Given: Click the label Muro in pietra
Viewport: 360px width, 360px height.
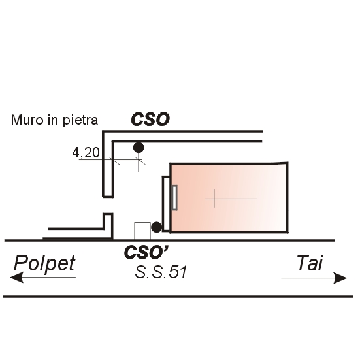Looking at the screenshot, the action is (54, 120).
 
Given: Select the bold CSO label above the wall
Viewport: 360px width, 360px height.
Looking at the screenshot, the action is (150, 120).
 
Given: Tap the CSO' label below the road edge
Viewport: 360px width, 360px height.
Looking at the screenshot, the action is (146, 252).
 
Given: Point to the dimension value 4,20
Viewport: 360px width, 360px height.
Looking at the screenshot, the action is (86, 152).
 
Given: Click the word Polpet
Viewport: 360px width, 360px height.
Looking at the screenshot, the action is (44, 263).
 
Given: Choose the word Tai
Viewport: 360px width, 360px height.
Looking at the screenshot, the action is (310, 263).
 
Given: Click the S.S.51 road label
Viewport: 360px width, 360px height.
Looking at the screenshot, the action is (161, 272).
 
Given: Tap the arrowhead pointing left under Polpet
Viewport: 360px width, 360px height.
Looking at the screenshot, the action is (16, 277).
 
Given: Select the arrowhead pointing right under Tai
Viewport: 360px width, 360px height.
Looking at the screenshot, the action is (340, 278).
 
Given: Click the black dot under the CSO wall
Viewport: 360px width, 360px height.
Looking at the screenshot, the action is (139, 148).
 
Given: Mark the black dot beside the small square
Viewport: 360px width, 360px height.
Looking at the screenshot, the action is (157, 227).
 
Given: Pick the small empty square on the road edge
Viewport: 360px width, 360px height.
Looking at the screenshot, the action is (142, 231).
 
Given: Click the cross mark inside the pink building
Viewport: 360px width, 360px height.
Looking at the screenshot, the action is (214, 199).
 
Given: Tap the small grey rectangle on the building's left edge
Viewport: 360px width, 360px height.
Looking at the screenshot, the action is (174, 198).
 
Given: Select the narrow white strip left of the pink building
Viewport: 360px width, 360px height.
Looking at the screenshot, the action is (166, 204).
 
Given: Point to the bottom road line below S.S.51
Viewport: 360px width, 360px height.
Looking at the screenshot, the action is (178, 297).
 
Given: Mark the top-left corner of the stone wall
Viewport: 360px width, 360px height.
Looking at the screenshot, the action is (103, 131).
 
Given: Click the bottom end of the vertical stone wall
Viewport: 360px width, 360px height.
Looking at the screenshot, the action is (108, 197).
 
